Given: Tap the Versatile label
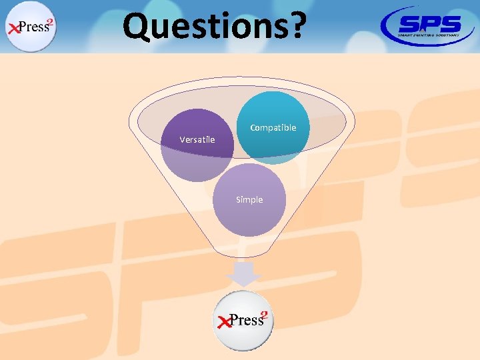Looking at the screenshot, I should point(197,139).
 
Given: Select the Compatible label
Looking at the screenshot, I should point(273,127).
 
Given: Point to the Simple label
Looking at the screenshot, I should point(249,199).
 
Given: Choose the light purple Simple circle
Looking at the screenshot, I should point(249,213).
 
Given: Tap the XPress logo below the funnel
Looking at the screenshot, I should point(244,321).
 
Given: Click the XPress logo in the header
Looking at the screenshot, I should point(31,27).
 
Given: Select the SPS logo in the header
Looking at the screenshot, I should point(429,25).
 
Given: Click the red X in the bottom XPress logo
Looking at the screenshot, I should point(223,322).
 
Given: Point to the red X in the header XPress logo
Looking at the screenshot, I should point(13,29).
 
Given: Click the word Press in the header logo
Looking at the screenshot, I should point(33,27).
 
